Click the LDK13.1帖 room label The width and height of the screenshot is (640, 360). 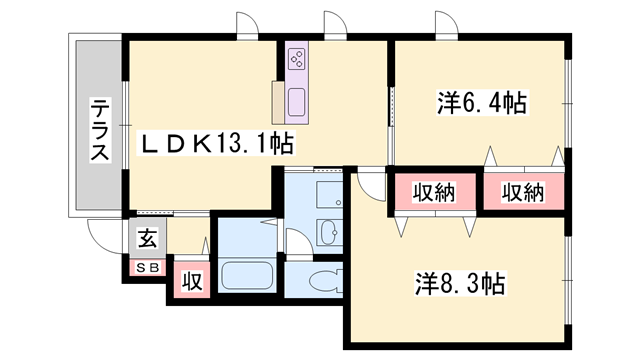tap(215, 144)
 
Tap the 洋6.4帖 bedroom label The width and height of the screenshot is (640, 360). tap(481, 103)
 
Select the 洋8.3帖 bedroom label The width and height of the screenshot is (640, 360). tap(461, 284)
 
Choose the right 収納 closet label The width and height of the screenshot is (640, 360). tap(522, 192)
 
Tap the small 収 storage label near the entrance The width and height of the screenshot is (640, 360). tap(192, 281)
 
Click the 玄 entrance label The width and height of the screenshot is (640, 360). tap(147, 239)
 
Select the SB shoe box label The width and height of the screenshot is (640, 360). tap(147, 267)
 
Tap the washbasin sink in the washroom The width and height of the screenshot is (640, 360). tap(327, 234)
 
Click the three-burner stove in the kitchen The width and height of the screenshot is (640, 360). tap(298, 59)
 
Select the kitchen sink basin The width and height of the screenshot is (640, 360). tap(298, 101)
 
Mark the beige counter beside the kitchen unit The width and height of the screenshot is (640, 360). tap(278, 99)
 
